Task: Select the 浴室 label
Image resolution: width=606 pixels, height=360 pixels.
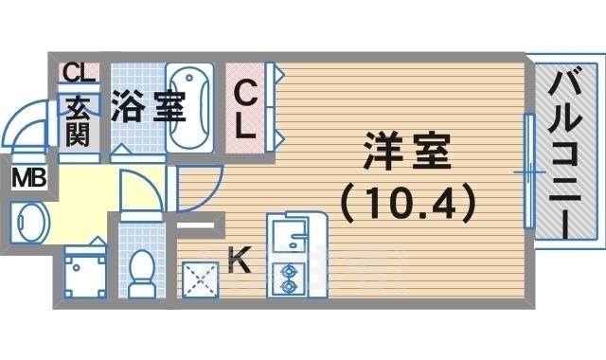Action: click(147, 106)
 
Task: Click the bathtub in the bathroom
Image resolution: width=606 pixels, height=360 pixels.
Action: click(193, 106)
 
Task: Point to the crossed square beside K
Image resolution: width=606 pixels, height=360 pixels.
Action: click(199, 279)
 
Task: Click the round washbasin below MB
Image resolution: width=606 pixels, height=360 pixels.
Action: click(28, 223)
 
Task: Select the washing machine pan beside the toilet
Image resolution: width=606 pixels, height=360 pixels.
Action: click(83, 273)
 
